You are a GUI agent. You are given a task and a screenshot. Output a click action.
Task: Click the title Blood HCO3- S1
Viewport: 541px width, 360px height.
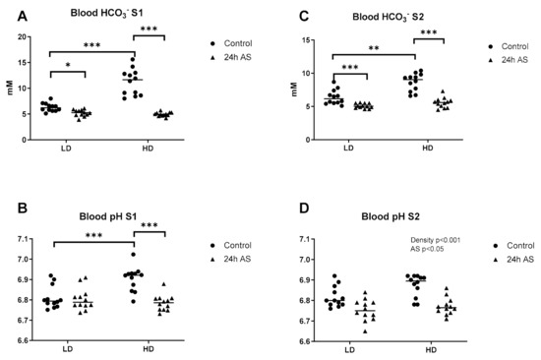tap(106, 14)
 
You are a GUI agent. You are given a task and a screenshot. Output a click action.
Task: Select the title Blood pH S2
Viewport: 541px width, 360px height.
tap(391, 216)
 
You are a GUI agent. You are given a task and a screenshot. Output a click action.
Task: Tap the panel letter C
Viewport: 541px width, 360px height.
tap(304, 16)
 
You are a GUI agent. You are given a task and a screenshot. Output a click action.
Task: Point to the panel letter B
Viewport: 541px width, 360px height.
tap(23, 209)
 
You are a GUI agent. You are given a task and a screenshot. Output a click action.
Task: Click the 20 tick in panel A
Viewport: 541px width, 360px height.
tap(22, 37)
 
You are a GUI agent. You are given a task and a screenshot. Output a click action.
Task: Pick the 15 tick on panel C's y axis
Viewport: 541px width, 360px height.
tap(305, 40)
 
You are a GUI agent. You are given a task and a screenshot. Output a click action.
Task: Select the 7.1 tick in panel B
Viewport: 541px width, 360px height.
tap(24, 239)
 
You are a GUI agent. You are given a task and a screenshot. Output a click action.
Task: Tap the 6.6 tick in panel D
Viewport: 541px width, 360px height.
tap(305, 341)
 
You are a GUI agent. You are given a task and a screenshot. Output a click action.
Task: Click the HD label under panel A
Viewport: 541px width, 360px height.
tap(148, 149)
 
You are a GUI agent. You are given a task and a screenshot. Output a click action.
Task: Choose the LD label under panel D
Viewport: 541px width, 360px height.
tap(349, 350)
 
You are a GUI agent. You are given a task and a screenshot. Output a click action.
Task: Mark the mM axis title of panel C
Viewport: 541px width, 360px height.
tap(294, 90)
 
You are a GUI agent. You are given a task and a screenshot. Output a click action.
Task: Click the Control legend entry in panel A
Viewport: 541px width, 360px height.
tap(231, 43)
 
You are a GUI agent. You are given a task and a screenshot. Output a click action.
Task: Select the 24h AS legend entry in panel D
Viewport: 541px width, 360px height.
tap(514, 260)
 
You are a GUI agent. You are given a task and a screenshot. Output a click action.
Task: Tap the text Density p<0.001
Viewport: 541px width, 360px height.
tap(435, 240)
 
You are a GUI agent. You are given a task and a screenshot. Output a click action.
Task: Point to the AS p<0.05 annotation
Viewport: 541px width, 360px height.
tap(427, 249)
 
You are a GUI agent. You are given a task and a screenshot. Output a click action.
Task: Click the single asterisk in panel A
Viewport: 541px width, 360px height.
tap(68, 65)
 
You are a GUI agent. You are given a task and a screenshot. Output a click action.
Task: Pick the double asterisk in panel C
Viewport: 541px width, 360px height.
tap(374, 48)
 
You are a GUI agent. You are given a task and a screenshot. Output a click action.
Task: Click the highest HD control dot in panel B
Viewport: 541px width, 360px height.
tap(134, 255)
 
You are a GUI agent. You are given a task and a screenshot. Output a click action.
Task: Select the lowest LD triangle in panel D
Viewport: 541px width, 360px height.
tap(365, 331)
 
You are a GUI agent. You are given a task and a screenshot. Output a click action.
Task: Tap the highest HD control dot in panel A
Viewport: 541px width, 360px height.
tap(133, 59)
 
